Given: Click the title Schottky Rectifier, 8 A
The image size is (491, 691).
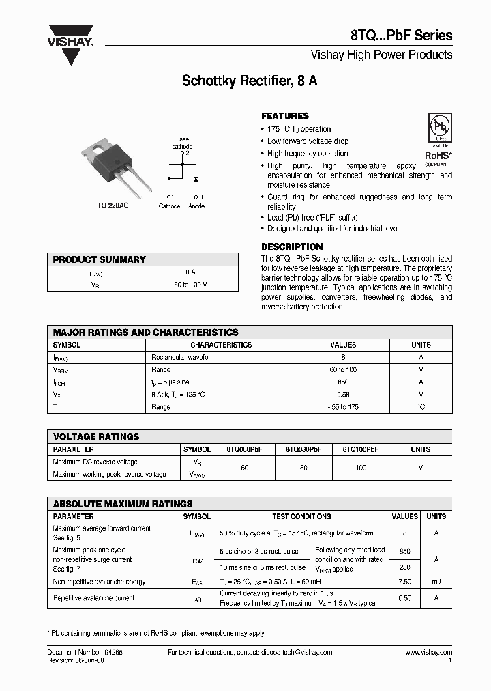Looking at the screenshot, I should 249,81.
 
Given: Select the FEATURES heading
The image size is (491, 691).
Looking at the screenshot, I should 285,116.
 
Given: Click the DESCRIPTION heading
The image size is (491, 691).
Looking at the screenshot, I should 292,246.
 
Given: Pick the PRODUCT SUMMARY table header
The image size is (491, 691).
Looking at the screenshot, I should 100,259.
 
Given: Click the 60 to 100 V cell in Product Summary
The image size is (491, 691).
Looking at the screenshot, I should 190,284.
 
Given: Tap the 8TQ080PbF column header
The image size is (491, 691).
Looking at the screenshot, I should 303,449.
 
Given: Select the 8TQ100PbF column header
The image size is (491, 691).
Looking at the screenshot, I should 361,449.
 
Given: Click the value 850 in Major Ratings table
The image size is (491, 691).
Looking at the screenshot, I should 343,382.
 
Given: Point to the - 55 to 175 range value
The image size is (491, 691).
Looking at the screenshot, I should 343,407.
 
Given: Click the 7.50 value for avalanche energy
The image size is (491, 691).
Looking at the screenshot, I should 404,582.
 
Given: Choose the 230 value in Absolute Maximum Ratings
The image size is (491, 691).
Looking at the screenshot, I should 404,567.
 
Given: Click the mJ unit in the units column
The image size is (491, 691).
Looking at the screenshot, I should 436,582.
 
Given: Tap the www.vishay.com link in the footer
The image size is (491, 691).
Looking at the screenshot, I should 428,652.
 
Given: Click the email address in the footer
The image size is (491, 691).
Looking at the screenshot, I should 297,652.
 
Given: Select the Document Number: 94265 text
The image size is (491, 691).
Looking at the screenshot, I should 85,652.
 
